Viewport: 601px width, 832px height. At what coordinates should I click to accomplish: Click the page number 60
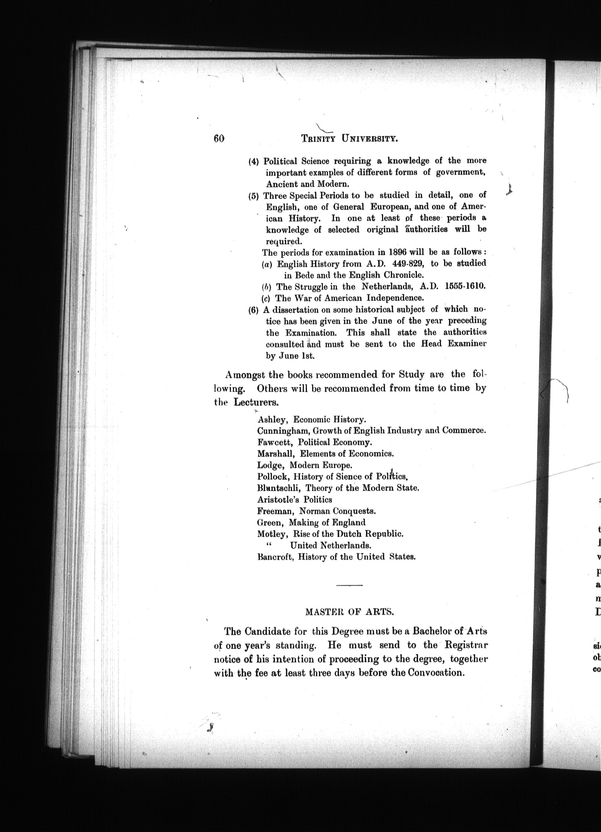[219, 139]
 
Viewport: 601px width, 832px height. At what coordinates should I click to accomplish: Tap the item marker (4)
[254, 162]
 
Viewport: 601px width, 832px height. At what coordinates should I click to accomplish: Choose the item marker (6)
[254, 310]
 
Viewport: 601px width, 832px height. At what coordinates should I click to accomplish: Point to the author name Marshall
[276, 454]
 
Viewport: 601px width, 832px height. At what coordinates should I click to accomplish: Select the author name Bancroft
[275, 557]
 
